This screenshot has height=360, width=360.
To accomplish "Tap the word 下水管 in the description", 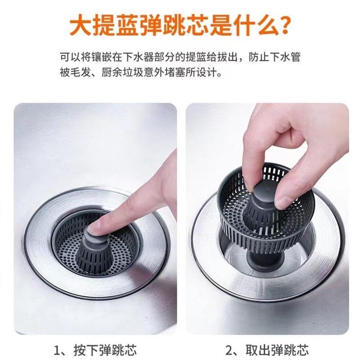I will [287, 58].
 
